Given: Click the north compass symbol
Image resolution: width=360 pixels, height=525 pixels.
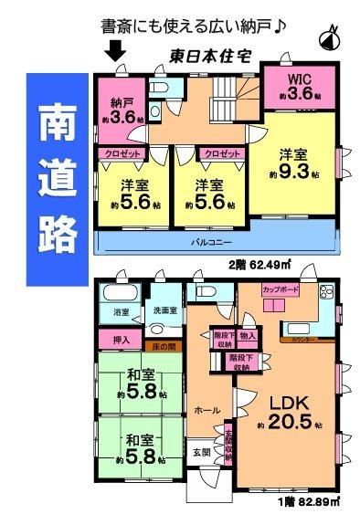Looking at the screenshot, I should pos(330,39).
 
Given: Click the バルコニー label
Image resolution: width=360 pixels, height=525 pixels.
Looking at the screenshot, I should pos(217,244).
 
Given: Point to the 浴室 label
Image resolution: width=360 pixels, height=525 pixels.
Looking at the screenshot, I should pos(122,312).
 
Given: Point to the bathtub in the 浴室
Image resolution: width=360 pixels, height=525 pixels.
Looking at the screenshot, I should pos(117,293).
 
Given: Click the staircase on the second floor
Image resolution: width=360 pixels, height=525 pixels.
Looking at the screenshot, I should pos(231,94).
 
